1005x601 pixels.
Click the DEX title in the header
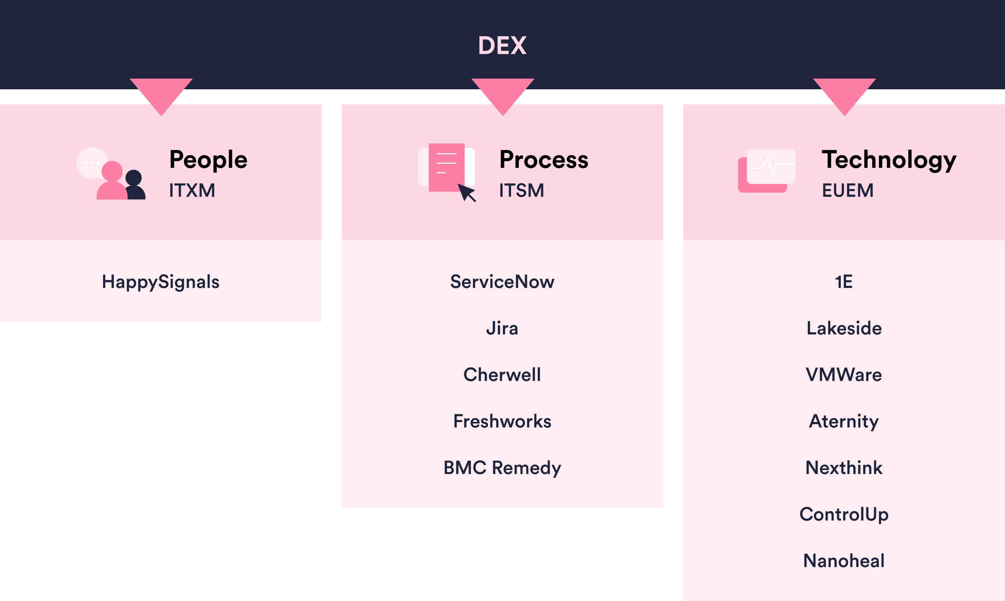click(502, 45)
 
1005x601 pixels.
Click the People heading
click(208, 160)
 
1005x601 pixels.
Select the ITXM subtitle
click(192, 190)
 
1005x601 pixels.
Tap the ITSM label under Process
click(522, 190)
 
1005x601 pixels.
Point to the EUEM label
click(848, 190)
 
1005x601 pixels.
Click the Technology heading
click(888, 160)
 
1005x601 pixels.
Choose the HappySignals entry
click(160, 282)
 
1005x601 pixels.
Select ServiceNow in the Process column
click(502, 282)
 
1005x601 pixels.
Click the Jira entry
click(502, 328)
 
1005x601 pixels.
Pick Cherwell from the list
click(502, 375)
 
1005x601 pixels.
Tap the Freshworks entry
click(502, 421)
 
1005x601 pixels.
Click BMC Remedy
click(502, 468)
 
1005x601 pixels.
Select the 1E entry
click(844, 282)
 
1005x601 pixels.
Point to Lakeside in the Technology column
click(844, 328)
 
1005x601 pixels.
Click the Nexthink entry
click(844, 468)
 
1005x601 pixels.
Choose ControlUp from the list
click(844, 514)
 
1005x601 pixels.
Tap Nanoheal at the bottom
click(844, 561)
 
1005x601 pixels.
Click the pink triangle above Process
click(503, 93)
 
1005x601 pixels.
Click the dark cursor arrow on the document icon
click(466, 192)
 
